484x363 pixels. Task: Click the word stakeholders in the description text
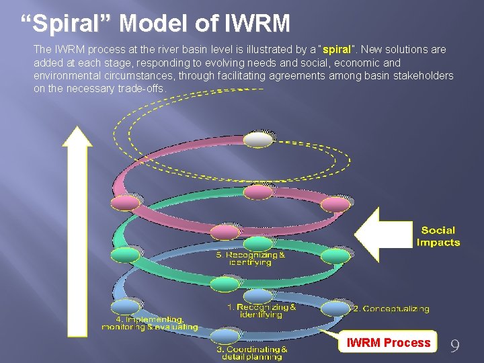(421, 75)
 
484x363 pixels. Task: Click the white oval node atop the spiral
(258, 139)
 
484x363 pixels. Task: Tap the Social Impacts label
(438, 236)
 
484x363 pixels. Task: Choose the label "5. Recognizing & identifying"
(250, 259)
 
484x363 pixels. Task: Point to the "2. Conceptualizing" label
(391, 309)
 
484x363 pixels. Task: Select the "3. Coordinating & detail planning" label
(252, 353)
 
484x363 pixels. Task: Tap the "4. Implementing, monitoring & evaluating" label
(150, 323)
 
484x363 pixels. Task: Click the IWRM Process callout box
(388, 343)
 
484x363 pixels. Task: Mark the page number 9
(455, 346)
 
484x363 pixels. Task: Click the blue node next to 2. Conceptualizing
(335, 309)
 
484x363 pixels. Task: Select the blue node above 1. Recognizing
(258, 296)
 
